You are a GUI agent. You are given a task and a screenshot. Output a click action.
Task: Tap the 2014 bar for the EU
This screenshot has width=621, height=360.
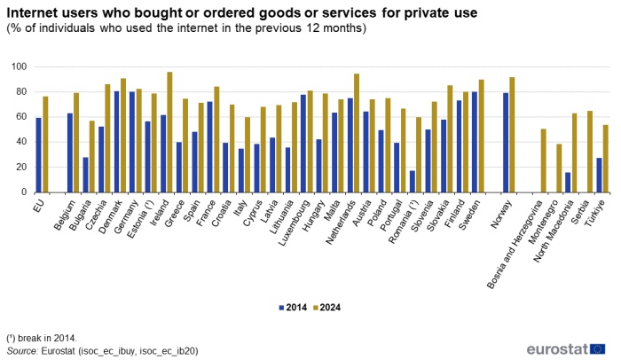coord(38,155)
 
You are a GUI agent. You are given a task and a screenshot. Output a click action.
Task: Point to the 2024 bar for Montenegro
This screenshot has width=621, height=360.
coord(559,168)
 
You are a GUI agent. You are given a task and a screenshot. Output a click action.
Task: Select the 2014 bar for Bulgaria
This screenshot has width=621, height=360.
coord(85,175)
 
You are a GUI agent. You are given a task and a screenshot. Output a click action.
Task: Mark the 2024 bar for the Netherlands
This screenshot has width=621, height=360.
coord(357,133)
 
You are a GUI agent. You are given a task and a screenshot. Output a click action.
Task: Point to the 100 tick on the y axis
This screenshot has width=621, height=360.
coord(20,67)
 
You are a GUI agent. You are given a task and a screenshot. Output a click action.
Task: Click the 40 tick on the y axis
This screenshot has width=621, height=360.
coord(22,142)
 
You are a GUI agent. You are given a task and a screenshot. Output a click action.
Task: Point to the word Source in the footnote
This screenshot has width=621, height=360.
coord(22,351)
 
